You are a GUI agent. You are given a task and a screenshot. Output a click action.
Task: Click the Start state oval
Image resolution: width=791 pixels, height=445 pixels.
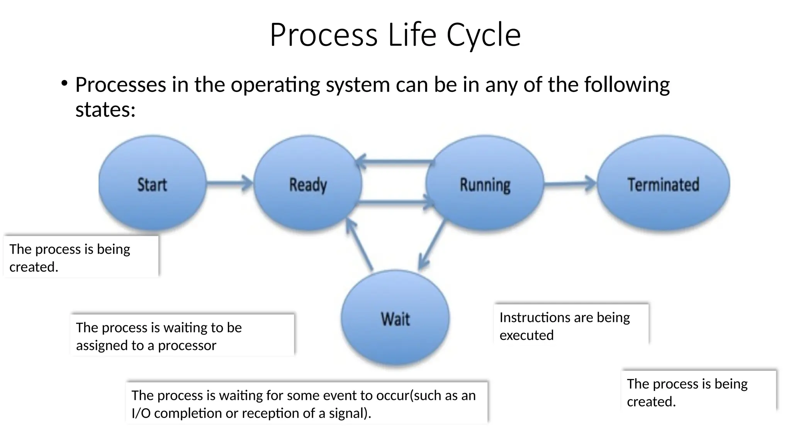[x=152, y=183]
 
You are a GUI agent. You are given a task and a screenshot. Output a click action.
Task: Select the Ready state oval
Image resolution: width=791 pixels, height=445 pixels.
[x=308, y=183]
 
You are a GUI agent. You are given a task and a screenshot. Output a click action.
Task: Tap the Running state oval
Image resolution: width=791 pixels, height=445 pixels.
[x=485, y=183]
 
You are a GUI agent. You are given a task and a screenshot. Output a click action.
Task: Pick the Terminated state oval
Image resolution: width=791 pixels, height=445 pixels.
[x=663, y=183]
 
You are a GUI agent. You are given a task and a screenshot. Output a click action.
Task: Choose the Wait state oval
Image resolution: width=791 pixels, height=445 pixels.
[x=395, y=318]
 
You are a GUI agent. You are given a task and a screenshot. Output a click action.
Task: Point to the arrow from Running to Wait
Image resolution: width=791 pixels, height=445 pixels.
[x=432, y=246]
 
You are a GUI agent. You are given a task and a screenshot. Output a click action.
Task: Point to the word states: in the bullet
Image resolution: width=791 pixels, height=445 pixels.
[x=105, y=109]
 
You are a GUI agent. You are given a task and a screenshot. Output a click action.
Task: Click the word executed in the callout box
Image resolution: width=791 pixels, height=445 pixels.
[x=526, y=335]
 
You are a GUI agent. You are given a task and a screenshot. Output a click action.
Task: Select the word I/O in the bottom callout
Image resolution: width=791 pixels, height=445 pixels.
[x=141, y=413]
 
